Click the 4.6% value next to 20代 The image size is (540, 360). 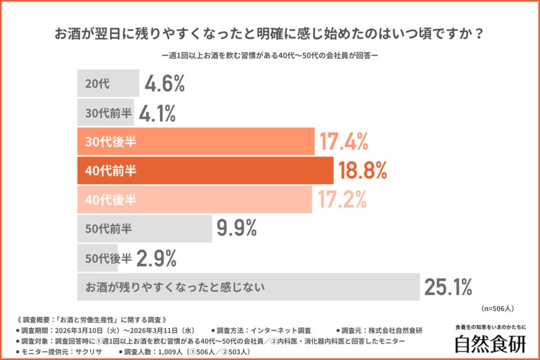tap(165, 84)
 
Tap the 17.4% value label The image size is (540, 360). tap(343, 142)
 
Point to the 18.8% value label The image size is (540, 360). tap(361, 170)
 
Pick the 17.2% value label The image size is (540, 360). tap(342, 199)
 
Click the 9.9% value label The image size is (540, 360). tap(237, 228)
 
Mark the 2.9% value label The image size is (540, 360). tap(156, 258)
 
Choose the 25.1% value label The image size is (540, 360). tap(448, 286)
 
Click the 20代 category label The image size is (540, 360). tap(97, 84)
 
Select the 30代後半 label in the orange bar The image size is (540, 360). tap(110, 142)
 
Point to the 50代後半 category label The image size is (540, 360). tap(108, 258)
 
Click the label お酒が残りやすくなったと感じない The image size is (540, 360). tap(177, 286)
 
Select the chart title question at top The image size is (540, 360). tap(269, 33)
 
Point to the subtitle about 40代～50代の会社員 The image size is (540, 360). tap(269, 55)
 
